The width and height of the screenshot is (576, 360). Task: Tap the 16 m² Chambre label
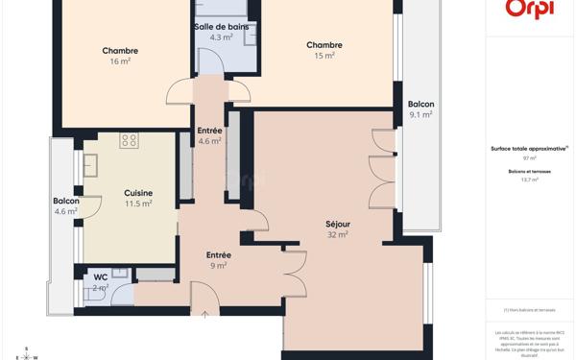120,56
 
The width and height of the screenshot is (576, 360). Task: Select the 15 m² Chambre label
324,50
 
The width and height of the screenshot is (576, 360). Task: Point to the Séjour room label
337,228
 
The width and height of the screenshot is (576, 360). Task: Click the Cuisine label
138,198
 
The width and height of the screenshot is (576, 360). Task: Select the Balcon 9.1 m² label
420,108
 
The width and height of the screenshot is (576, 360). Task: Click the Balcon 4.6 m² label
65,205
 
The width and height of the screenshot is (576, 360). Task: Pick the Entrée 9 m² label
218,259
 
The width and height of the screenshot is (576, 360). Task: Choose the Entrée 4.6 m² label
209,135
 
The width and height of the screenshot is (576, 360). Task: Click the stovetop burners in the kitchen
129,141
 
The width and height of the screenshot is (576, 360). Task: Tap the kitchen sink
90,166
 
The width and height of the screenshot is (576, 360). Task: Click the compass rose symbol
27,353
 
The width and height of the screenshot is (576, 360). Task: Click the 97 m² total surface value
529,158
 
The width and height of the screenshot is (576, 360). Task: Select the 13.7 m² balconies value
529,180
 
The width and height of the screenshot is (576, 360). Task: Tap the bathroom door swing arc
210,60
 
